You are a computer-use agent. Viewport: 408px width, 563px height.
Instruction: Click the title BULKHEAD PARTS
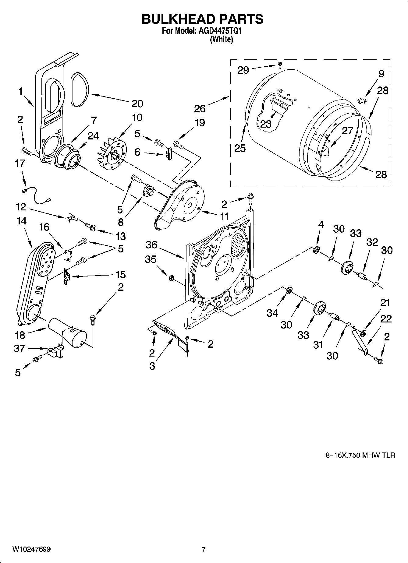click(x=202, y=19)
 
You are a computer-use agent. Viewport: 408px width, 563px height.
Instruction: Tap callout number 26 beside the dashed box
click(x=200, y=108)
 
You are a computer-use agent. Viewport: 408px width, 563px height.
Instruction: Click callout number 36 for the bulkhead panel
click(x=151, y=245)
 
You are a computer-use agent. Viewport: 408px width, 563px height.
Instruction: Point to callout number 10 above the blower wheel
click(x=137, y=118)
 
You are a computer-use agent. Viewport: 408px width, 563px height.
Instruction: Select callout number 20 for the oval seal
click(x=137, y=104)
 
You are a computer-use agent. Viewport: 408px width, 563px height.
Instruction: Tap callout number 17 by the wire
click(x=20, y=164)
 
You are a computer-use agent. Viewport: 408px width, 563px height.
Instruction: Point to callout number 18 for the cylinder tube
click(x=20, y=335)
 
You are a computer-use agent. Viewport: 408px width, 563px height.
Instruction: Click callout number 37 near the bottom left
click(x=19, y=348)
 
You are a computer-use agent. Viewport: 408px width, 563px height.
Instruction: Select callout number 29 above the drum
click(x=243, y=70)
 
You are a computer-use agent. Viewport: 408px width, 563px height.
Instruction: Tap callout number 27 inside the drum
click(x=347, y=131)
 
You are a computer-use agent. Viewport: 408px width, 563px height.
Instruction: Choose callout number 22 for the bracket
click(x=386, y=319)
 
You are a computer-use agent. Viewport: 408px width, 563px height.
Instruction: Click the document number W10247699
click(x=31, y=549)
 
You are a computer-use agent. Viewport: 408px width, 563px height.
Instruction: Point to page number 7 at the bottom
click(x=204, y=549)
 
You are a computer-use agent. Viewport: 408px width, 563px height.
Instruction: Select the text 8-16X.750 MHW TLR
click(x=360, y=455)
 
